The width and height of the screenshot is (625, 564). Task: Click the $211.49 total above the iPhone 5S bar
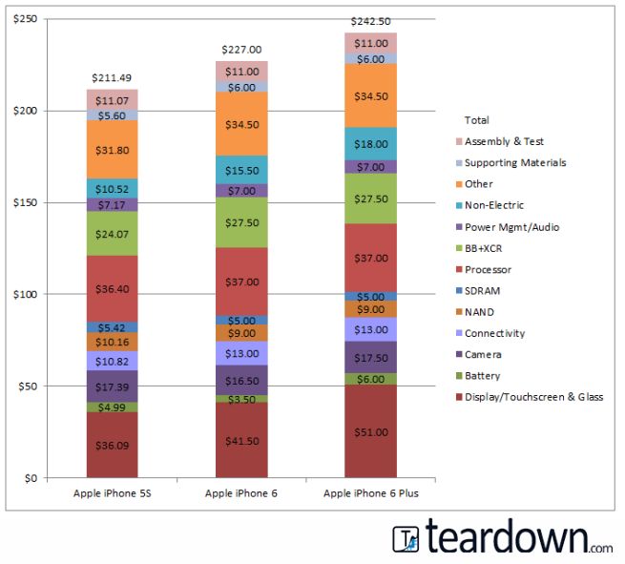[112, 77]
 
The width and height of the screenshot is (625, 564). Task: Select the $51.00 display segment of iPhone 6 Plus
[370, 431]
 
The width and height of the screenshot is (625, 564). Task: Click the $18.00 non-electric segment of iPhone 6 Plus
[370, 143]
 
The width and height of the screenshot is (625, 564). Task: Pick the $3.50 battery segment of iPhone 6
[241, 398]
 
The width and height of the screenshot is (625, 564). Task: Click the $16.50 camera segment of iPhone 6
[241, 380]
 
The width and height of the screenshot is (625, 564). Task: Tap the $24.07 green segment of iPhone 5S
[112, 233]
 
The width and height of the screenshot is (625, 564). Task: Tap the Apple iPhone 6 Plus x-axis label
[370, 492]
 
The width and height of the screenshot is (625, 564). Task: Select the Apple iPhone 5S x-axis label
[112, 492]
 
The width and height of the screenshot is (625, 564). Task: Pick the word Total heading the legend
[476, 120]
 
